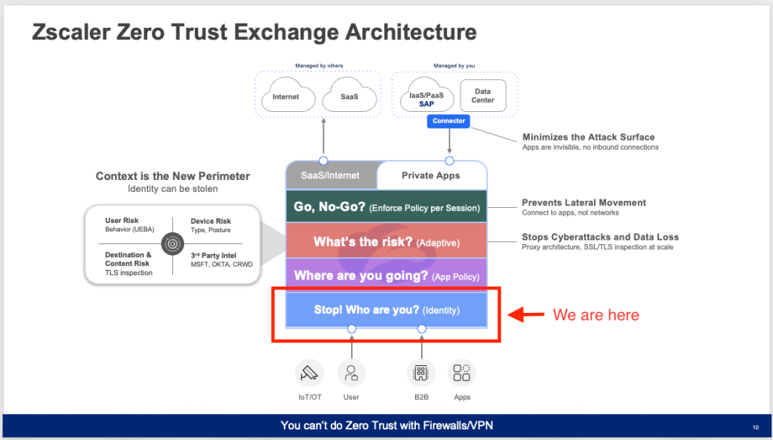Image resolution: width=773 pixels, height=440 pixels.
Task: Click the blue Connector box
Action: (448, 121)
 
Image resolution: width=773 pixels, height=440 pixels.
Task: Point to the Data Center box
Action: (482, 96)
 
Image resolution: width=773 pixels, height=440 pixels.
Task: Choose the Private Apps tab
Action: (431, 175)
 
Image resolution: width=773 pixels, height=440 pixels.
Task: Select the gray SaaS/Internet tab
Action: (331, 175)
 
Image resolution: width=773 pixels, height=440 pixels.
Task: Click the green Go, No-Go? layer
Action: (386, 206)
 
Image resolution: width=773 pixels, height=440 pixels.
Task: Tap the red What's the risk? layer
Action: (386, 241)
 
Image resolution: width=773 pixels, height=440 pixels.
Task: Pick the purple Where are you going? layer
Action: (386, 275)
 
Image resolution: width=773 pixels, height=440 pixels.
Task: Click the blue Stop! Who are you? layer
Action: (386, 310)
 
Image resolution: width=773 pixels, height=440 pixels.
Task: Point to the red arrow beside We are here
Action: (525, 315)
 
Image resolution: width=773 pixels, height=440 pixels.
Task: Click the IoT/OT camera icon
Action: (310, 373)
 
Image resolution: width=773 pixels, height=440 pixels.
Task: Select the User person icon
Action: (352, 373)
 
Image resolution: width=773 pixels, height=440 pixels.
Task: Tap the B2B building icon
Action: (421, 373)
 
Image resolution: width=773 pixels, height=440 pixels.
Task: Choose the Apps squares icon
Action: (462, 373)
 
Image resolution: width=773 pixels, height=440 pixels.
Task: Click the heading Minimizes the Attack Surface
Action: (589, 138)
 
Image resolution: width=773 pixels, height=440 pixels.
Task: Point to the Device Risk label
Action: (211, 222)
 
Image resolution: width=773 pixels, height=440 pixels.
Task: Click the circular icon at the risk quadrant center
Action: (173, 243)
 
